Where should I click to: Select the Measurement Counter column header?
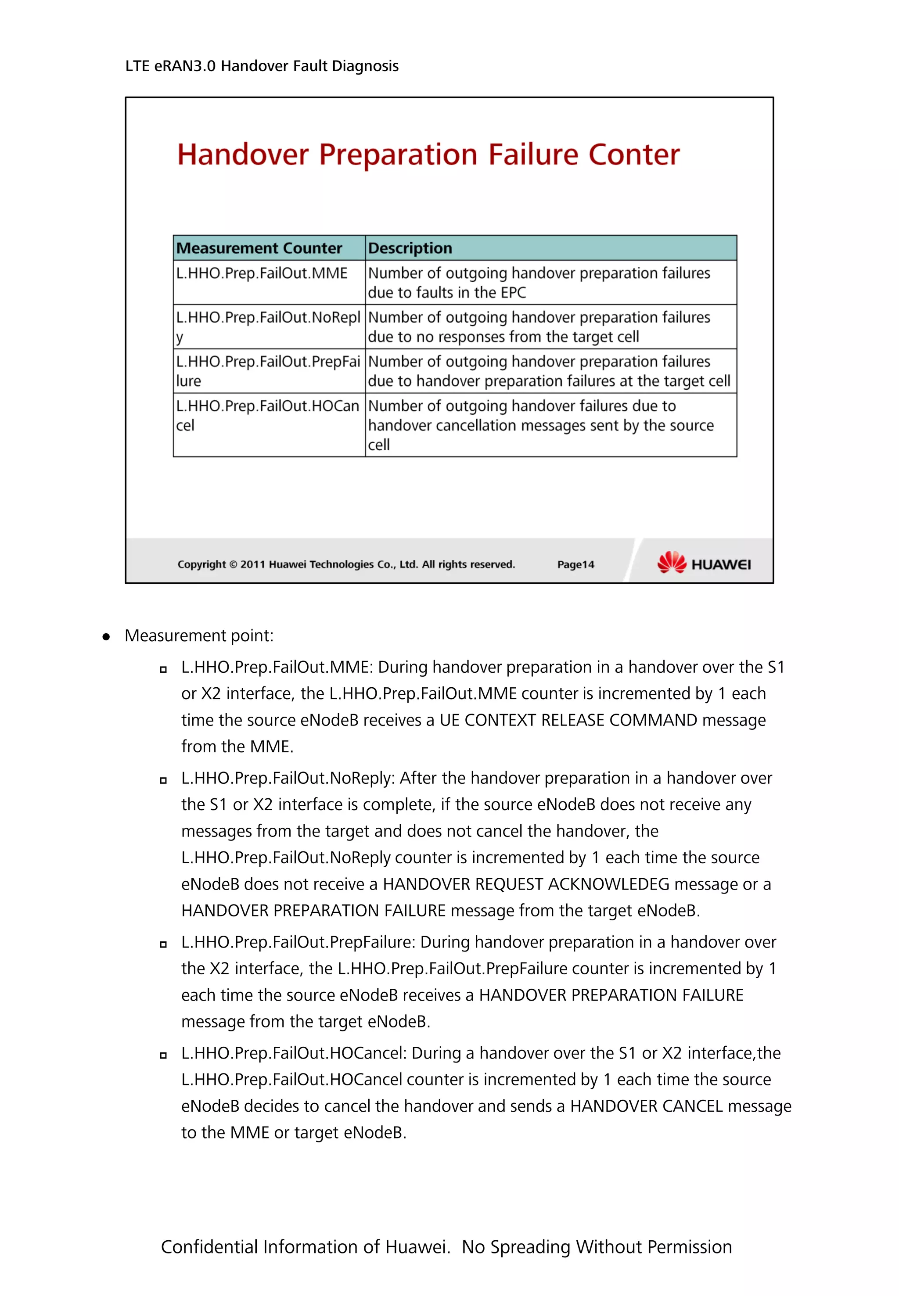259,248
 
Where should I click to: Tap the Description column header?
410,248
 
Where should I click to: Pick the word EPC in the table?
513,293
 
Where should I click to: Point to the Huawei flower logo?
672,562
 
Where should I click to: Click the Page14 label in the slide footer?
575,564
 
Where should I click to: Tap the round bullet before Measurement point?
106,637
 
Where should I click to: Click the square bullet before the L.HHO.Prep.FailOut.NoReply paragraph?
163,781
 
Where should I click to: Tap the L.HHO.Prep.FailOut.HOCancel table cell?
268,415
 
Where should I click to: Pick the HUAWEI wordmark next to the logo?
721,564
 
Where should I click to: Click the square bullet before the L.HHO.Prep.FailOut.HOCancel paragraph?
163,1055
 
